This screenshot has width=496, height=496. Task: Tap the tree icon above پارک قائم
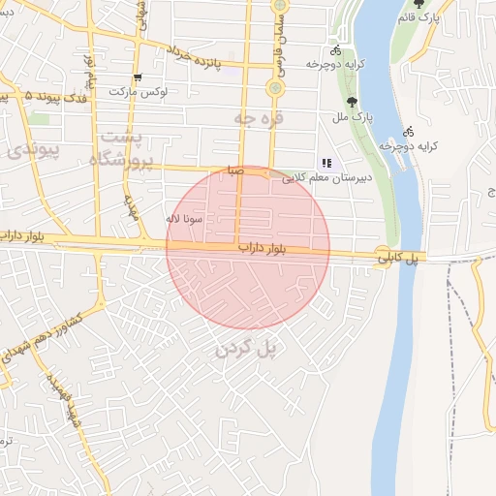click(x=418, y=4)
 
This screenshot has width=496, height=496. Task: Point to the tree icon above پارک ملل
click(x=351, y=100)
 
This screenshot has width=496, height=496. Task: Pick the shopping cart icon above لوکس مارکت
click(x=138, y=77)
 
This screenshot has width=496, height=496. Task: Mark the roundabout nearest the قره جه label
click(x=275, y=89)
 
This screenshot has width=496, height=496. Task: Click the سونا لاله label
click(x=184, y=219)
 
